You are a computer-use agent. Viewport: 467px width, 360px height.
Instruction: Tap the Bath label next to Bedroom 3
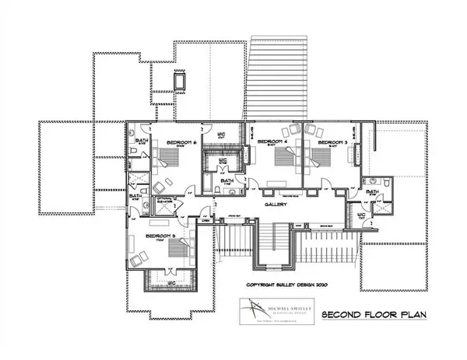pos(373,191)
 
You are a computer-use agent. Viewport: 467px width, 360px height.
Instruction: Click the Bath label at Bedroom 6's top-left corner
pos(142,141)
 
